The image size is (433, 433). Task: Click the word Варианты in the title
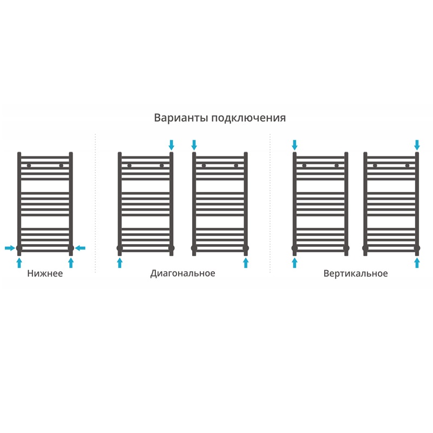(x=181, y=117)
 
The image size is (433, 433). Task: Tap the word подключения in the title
(x=248, y=118)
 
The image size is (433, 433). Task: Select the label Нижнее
(x=45, y=273)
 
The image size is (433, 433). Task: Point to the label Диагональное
(x=182, y=273)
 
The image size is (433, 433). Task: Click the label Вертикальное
(x=356, y=273)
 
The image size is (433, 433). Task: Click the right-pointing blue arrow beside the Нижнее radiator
(x=10, y=248)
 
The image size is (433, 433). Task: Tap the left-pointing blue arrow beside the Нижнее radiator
(x=80, y=248)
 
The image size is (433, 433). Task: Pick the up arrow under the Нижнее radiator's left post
(x=19, y=263)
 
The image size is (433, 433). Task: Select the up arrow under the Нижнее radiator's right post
(x=71, y=263)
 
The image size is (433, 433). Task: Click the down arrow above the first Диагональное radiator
(x=172, y=145)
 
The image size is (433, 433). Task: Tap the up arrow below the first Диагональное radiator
(x=120, y=263)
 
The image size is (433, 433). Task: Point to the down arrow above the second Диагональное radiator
(x=194, y=145)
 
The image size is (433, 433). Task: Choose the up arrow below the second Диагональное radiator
(x=246, y=263)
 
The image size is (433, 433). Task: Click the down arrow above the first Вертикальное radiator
(x=294, y=145)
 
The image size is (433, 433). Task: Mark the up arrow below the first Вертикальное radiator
(x=294, y=263)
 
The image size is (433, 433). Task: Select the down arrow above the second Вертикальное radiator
(x=417, y=145)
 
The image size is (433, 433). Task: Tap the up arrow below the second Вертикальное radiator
(x=417, y=263)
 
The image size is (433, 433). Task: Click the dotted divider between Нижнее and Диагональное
(x=96, y=204)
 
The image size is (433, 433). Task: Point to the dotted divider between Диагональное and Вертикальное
(x=270, y=204)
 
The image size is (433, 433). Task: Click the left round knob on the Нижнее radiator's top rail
(x=29, y=166)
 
